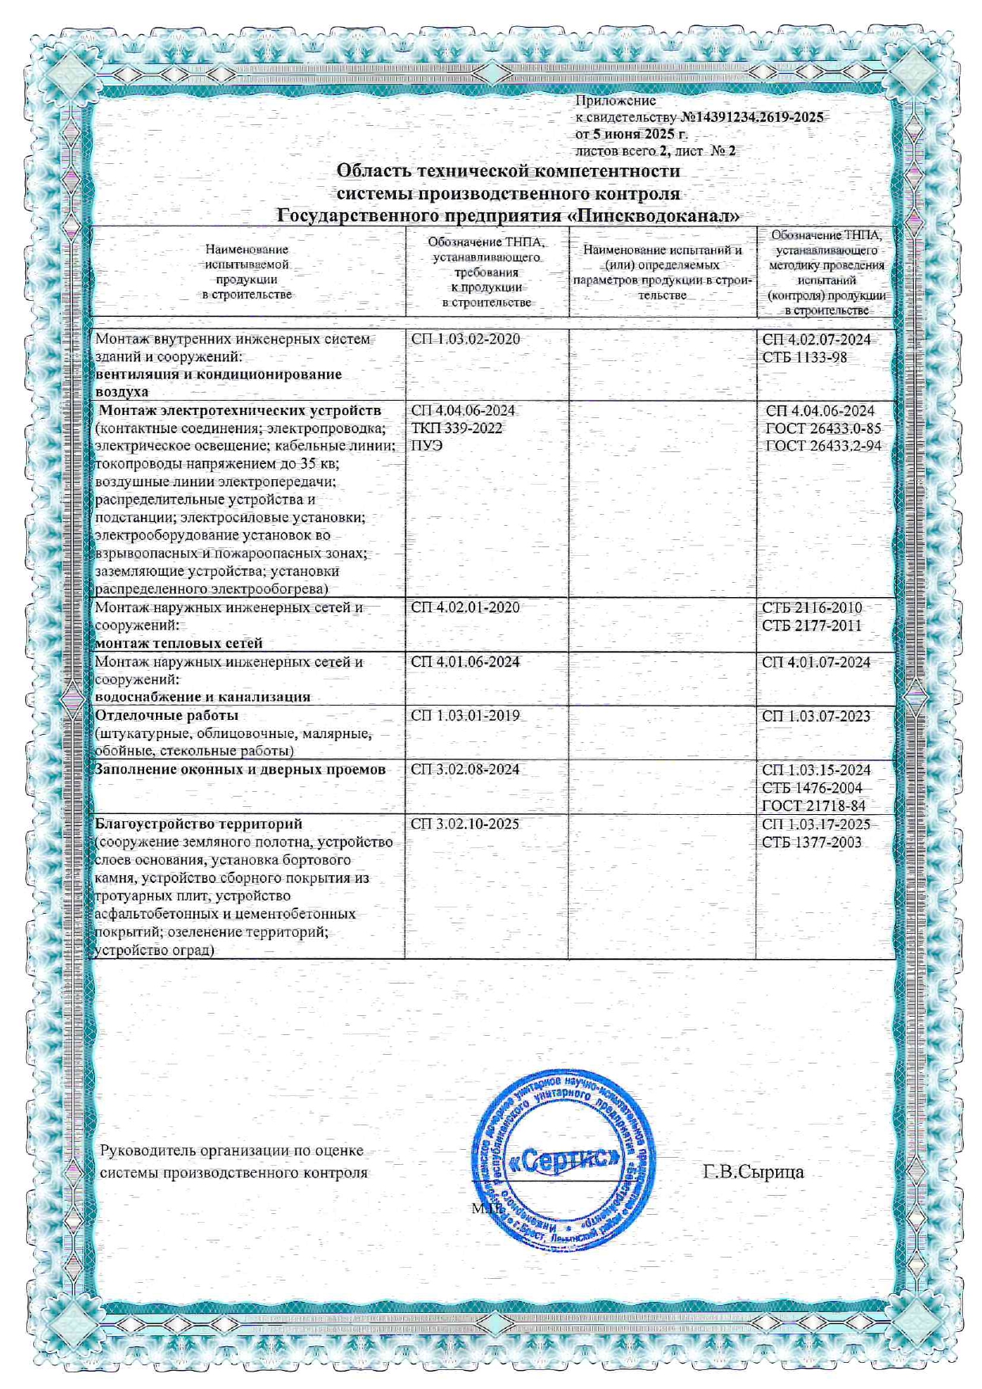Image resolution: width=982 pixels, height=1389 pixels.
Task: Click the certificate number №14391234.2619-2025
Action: point(752,117)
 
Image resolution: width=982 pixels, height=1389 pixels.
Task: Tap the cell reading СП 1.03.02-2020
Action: point(466,339)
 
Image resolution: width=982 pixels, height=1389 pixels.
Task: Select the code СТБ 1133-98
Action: point(805,357)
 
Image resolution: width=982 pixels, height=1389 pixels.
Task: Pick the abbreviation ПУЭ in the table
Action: point(427,446)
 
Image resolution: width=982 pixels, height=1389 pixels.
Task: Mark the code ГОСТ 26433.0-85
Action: point(823,428)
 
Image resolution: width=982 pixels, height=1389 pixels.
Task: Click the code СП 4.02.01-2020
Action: point(466,607)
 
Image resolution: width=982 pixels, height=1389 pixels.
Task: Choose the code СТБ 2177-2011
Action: point(812,626)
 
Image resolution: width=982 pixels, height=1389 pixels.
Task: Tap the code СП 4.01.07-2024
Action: point(816,662)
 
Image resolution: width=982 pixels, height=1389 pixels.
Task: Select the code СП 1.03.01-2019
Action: point(466,716)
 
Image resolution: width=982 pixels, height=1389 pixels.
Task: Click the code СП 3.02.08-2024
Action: point(466,770)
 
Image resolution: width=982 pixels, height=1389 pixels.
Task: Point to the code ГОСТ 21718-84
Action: point(813,806)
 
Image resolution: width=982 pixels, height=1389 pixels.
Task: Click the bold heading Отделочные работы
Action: point(155,716)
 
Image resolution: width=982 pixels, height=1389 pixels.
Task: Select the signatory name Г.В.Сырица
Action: point(753,1172)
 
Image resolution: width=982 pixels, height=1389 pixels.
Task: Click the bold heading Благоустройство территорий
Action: point(199,824)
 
